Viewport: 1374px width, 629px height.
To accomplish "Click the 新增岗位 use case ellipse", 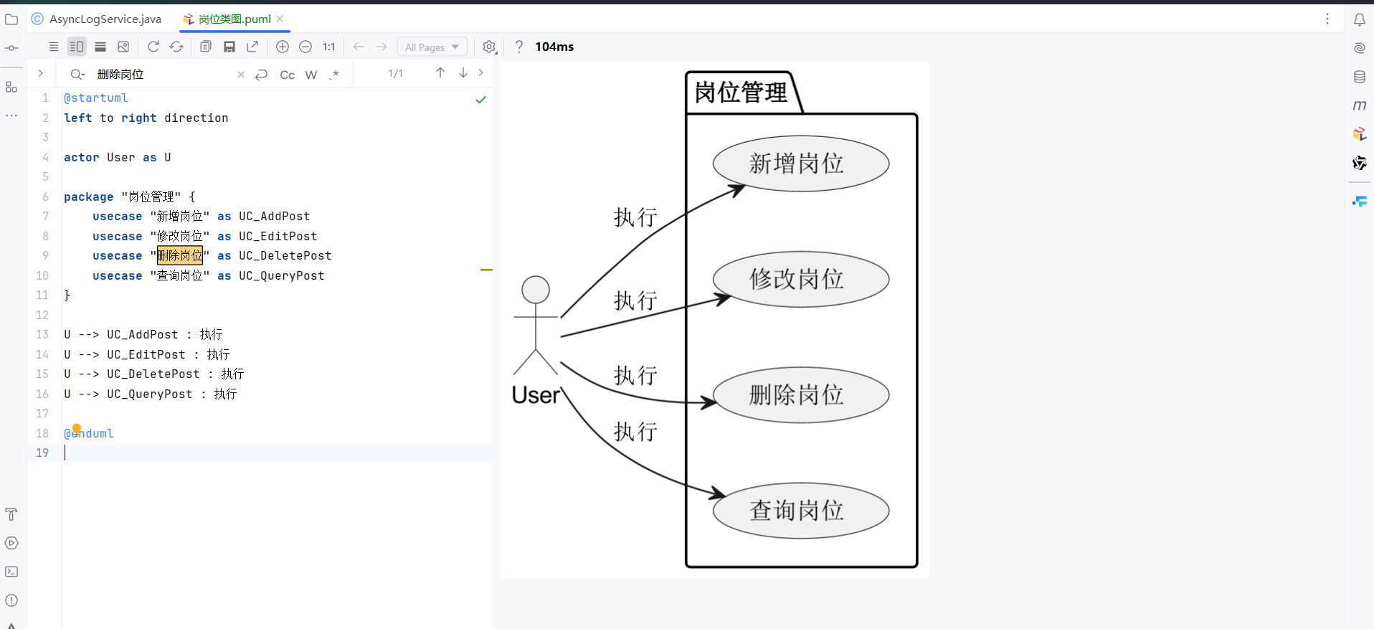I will (800, 164).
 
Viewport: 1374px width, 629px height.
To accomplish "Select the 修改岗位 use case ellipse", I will (800, 279).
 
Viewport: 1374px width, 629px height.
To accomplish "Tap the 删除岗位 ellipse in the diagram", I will (800, 394).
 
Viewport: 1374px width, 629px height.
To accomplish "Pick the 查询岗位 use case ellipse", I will (800, 510).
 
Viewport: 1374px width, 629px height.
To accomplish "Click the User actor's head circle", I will (536, 290).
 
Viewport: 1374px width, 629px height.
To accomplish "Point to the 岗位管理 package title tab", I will (742, 93).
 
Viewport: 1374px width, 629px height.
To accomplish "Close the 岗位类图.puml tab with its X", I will (280, 19).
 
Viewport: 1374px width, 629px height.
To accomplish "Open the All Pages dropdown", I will (432, 47).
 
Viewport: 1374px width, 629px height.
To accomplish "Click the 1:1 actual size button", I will (328, 47).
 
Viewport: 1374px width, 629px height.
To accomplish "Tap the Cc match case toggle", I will (287, 75).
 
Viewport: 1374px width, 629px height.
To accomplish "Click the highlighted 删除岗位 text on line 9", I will (180, 255).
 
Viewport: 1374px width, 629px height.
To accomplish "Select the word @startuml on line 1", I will (96, 98).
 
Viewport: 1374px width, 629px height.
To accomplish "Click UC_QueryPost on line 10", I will (281, 275).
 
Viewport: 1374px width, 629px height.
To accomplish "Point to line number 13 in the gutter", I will (42, 334).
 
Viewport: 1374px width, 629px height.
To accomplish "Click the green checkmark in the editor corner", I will (481, 100).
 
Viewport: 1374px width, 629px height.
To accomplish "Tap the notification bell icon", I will (1359, 20).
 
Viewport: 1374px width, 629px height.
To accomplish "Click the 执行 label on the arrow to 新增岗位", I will (635, 217).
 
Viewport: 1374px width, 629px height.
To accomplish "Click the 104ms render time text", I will (554, 47).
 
